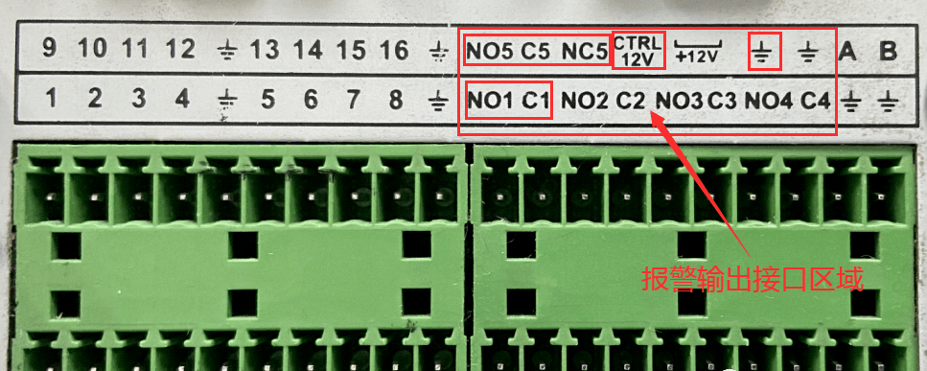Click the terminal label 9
tap(50, 50)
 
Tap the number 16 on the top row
tap(392, 51)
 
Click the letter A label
tap(847, 53)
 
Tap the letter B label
tap(888, 53)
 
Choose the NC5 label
tap(584, 53)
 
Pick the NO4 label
tap(768, 101)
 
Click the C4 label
tap(816, 101)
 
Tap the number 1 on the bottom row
tap(52, 98)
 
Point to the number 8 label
tap(396, 100)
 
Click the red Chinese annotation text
tap(753, 279)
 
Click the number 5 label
tap(268, 100)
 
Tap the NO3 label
tap(680, 101)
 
